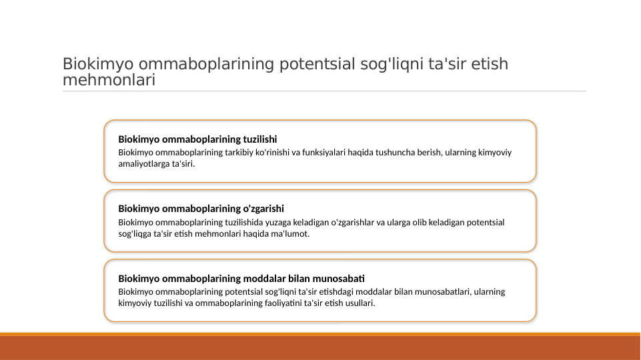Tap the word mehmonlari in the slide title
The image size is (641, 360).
click(x=109, y=81)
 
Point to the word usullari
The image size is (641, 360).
click(x=356, y=303)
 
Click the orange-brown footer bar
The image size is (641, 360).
click(x=320, y=347)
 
